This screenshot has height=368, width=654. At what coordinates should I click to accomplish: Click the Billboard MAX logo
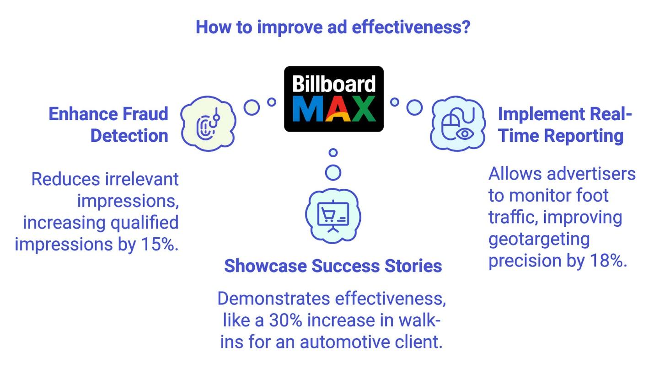click(334, 99)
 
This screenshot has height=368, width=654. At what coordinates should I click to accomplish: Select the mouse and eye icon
click(458, 124)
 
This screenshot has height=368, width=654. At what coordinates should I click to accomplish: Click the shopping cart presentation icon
click(333, 216)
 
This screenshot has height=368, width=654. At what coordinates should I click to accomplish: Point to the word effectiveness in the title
click(411, 27)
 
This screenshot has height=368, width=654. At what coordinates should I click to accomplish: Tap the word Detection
click(129, 136)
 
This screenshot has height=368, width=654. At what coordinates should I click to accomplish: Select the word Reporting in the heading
click(584, 136)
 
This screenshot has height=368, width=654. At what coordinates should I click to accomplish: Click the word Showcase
click(265, 266)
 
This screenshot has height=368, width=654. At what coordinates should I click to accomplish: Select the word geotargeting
click(539, 240)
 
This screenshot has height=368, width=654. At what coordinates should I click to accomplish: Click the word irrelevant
click(142, 179)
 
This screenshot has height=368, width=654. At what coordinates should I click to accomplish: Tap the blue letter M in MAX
click(307, 108)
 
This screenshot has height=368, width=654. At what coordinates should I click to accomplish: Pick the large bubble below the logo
click(333, 173)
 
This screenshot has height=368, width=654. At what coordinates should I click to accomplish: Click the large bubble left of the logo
click(252, 108)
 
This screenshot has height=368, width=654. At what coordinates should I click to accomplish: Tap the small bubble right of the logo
click(395, 102)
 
